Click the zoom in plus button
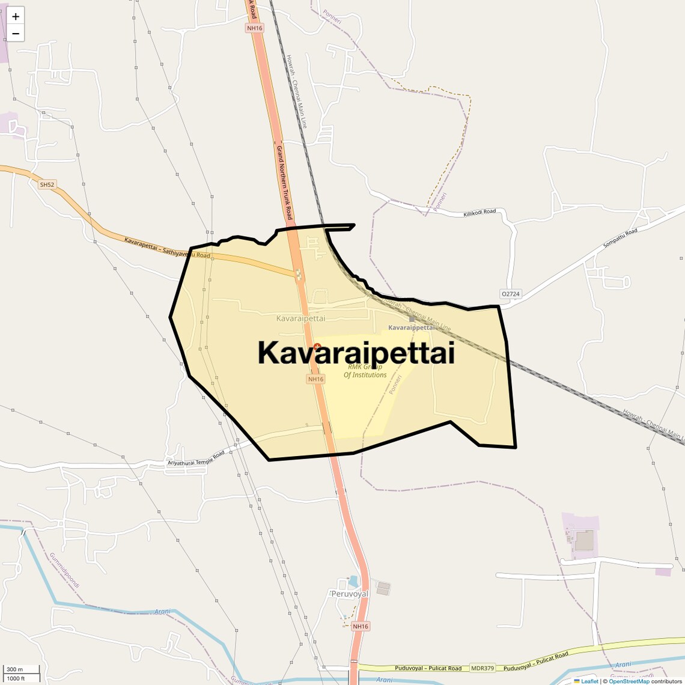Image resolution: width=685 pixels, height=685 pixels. [16, 16]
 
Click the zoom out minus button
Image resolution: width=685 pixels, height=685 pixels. [16, 34]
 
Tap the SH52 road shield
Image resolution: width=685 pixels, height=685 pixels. [47, 184]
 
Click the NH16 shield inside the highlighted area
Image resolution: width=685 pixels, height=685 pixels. [315, 379]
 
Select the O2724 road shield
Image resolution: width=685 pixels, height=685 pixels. [510, 294]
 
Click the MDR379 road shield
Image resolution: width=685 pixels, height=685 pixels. [483, 668]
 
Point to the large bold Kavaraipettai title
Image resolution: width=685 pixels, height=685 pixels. [356, 353]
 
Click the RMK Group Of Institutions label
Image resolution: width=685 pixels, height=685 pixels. [365, 371]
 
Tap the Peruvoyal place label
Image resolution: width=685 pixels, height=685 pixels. [350, 594]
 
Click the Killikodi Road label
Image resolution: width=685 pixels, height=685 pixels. [479, 213]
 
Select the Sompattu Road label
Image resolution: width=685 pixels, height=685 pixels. [620, 240]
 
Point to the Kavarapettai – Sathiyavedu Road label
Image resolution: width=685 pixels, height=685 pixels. [167, 248]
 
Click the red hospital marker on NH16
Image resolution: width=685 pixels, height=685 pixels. [317, 347]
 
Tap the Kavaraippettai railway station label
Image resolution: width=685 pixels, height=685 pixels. [412, 327]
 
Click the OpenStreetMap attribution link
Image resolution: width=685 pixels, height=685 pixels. [629, 681]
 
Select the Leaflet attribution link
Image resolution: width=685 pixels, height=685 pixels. [589, 681]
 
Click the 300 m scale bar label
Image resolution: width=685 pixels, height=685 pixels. [14, 669]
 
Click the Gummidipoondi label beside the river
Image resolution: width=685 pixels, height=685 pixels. [64, 570]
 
